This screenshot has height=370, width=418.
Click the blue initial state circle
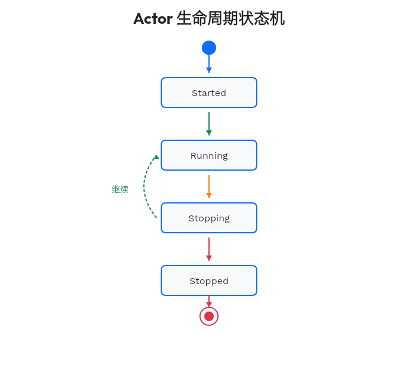[x=209, y=48]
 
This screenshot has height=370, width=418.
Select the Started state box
[x=209, y=92]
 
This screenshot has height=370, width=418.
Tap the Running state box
[x=209, y=155]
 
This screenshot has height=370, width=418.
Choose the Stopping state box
[x=209, y=218]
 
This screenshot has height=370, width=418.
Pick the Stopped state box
[x=209, y=280]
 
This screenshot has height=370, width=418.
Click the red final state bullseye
[x=209, y=316]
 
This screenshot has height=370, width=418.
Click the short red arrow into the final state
[x=209, y=301]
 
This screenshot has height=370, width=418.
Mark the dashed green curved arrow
[x=145, y=188]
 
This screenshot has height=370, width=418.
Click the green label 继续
[x=120, y=189]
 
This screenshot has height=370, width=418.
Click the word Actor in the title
[x=153, y=18]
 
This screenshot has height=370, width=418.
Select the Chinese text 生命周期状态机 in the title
[x=230, y=18]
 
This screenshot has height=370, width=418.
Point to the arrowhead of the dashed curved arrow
[x=156, y=157]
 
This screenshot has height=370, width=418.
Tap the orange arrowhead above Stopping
[x=209, y=196]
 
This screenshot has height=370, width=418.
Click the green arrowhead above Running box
[x=209, y=133]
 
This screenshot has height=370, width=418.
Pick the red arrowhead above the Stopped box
[x=209, y=258]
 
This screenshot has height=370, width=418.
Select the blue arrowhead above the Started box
[x=209, y=70]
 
